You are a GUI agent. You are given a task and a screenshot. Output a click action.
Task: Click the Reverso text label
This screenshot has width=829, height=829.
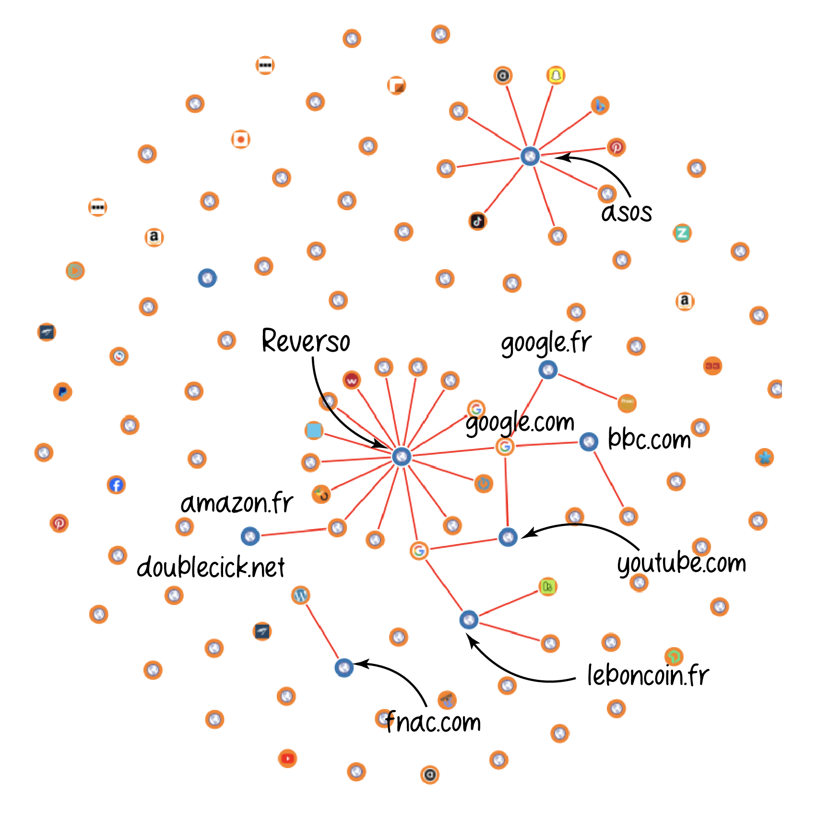coord(306,341)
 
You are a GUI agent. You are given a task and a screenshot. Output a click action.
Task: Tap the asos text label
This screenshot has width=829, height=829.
coord(626,213)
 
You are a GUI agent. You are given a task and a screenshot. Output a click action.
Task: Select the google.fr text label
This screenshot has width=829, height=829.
coord(546,343)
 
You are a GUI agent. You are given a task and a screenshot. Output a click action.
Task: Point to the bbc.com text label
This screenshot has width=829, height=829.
coord(649,438)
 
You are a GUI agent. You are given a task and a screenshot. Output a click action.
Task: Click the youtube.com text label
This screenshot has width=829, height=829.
coord(681,563)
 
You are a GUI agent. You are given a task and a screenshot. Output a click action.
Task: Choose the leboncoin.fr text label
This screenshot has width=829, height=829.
coord(648,675)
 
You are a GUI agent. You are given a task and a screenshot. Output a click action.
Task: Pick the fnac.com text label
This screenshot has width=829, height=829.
coord(433,722)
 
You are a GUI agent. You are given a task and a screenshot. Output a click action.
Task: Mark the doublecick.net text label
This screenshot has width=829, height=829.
coord(211,568)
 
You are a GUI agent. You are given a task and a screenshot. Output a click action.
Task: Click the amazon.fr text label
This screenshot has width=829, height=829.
coord(237,503)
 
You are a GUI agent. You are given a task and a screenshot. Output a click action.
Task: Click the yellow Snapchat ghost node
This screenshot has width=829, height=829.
coord(556,75)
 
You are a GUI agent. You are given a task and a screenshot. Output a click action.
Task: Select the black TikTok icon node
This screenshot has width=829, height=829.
coord(477,221)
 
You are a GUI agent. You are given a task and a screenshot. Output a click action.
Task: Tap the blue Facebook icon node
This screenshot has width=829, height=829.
coord(116,485)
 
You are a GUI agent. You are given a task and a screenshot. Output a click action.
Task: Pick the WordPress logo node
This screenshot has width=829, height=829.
coord(300,595)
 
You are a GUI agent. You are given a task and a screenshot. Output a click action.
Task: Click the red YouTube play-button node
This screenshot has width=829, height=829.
coord(287,758)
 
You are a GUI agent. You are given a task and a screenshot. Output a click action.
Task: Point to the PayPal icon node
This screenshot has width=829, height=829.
coord(62,392)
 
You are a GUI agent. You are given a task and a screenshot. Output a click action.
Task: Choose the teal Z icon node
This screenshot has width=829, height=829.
coord(682,233)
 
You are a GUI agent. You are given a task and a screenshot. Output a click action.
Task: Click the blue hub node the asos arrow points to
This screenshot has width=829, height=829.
coord(530,156)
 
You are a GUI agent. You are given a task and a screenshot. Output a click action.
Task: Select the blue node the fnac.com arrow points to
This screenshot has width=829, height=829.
coord(344,667)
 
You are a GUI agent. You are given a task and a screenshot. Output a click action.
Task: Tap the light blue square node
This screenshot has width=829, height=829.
coord(314,430)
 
